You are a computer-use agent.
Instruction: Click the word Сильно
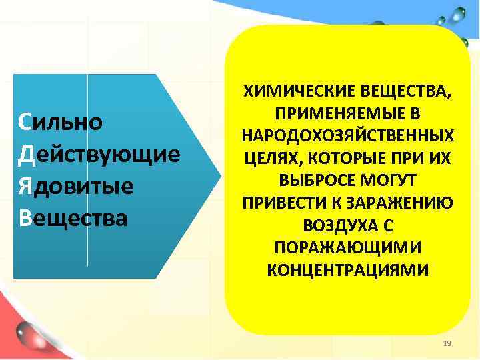click(x=61, y=123)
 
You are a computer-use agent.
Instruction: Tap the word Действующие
click(x=100, y=155)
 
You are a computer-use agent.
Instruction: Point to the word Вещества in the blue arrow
click(x=73, y=218)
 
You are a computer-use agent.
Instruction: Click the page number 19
click(x=447, y=343)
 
